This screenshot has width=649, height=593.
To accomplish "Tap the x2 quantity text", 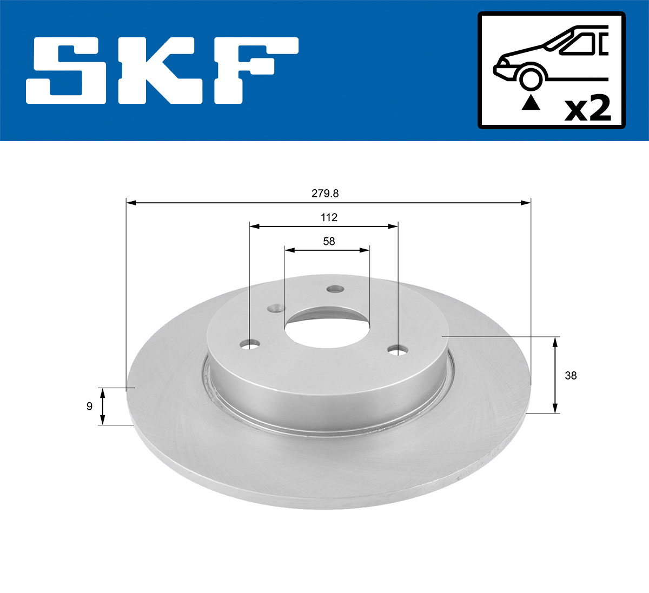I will point(587,109).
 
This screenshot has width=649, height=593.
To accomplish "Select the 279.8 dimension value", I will point(328,193).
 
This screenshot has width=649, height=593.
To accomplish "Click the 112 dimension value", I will point(328,217).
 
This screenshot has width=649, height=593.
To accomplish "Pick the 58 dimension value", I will point(328,241).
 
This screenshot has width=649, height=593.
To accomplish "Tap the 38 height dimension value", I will point(570,375).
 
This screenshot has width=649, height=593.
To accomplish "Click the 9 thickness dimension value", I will point(89,407).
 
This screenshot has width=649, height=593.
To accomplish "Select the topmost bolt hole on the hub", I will point(335,289).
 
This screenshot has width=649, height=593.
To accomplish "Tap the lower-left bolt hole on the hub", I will point(250,344).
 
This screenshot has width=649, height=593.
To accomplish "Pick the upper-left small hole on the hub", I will point(276,309).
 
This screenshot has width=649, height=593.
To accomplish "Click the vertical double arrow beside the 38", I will point(555,375).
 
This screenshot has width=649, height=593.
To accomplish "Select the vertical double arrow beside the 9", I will point(103,407).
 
